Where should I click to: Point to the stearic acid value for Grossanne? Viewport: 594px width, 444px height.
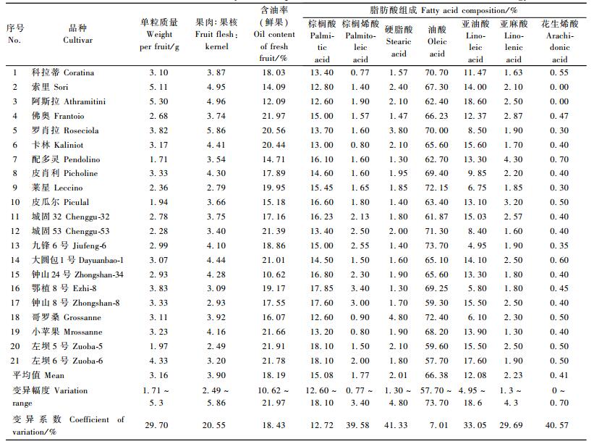point(398,318)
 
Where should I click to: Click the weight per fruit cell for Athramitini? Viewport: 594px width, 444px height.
point(158,102)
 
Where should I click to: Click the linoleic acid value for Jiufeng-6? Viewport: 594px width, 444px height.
point(475,246)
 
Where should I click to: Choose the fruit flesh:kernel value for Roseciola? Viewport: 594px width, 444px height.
point(217,131)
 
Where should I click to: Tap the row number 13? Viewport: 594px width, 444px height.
point(15,246)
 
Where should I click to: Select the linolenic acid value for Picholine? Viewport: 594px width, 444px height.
point(513,174)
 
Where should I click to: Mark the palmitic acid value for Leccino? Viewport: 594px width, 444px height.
point(321,188)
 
